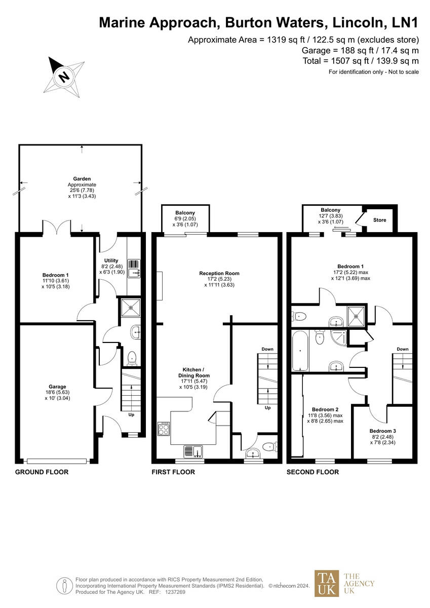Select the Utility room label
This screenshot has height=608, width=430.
coord(111,260)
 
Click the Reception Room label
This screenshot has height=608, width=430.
coord(219,274)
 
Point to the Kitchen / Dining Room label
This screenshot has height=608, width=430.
coord(196,369)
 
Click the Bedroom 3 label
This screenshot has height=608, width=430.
coord(382,431)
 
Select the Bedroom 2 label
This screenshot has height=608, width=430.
coord(325,409)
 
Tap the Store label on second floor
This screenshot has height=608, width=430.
coord(380,220)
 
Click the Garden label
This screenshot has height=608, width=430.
coord(82,179)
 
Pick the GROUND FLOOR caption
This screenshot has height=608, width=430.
coord(42,472)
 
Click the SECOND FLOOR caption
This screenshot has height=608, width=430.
coord(312,472)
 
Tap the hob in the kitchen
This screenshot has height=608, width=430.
coord(165,429)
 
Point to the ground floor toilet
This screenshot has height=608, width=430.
coord(132,358)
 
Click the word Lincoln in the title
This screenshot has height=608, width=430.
coord(358,22)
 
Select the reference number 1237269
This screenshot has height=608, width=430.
coord(175,592)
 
